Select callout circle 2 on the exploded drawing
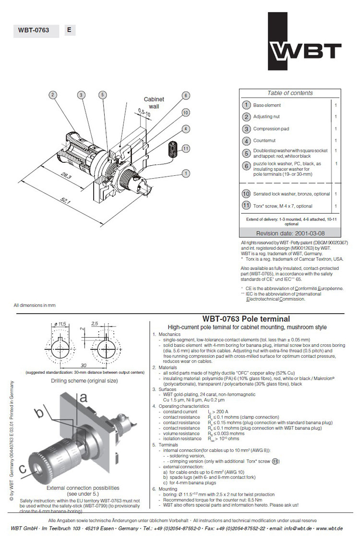coord(53,95)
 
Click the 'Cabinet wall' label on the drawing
coord(154,102)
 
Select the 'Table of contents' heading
coord(290,93)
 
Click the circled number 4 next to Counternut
coord(246,141)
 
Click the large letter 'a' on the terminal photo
coord(83,397)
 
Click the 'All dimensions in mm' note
coord(35,305)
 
